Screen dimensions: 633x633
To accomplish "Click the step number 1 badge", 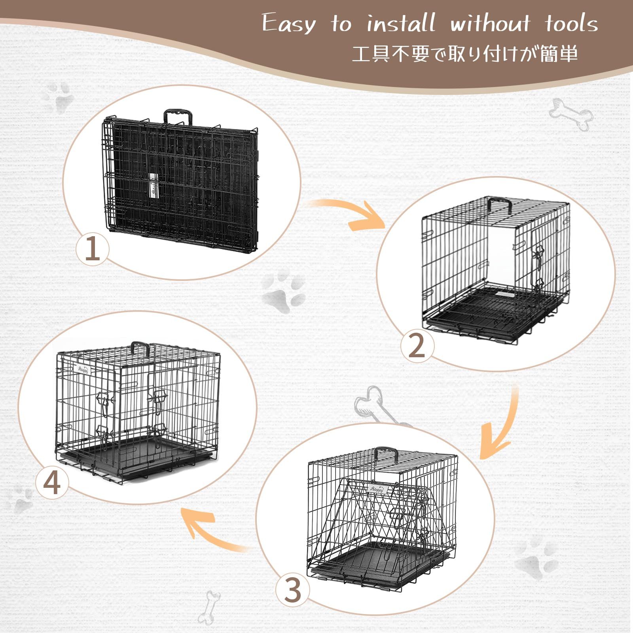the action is click(x=92, y=248).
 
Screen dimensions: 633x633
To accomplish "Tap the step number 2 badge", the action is click(x=417, y=344).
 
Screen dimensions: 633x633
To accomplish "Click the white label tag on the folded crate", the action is click(x=154, y=185).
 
